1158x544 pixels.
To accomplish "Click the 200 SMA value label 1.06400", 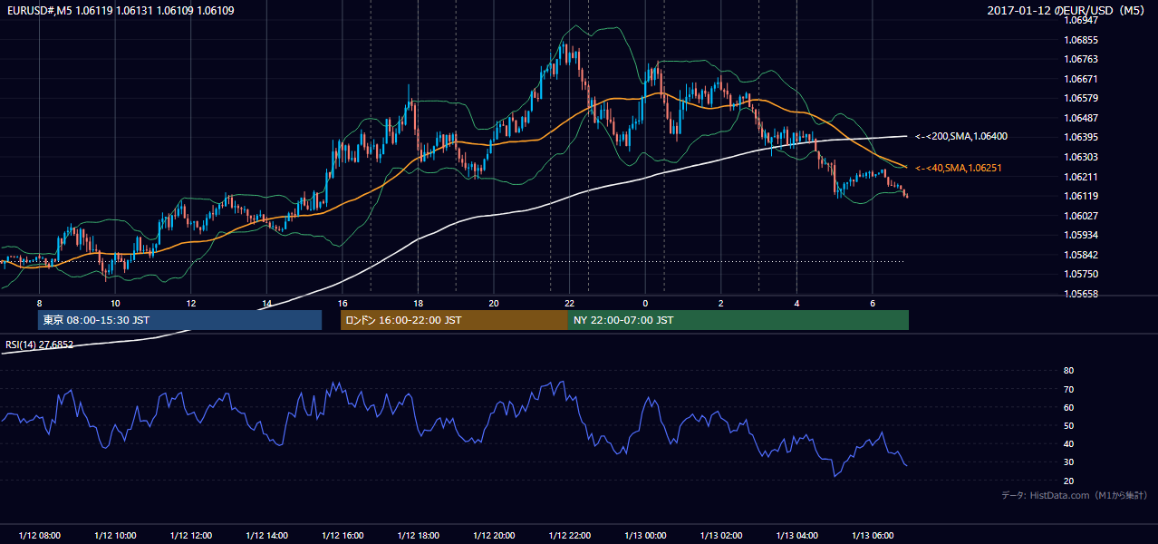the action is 961,137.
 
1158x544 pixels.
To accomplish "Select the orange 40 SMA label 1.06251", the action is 958,168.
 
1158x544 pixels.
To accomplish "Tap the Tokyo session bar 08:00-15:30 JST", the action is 180,320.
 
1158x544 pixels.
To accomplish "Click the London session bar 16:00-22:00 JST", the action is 454,320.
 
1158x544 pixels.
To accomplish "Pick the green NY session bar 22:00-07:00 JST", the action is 738,320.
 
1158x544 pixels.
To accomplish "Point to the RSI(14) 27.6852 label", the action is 39,345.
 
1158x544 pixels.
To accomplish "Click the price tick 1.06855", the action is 1081,40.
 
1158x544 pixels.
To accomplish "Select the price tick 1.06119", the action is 1081,196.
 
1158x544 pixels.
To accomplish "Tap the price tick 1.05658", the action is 1081,294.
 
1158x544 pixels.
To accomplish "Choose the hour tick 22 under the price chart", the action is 569,304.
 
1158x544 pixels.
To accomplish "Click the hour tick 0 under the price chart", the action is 645,304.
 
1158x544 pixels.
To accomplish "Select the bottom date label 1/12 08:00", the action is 40,535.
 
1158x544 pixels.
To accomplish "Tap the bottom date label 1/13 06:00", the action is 873,535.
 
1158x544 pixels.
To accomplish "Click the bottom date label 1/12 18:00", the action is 419,535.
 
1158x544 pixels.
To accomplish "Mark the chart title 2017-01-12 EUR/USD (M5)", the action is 1066,10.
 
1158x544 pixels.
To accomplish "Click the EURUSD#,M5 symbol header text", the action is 39,10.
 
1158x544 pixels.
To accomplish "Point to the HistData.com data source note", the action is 1074,495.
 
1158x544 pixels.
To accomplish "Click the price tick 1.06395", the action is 1081,137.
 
